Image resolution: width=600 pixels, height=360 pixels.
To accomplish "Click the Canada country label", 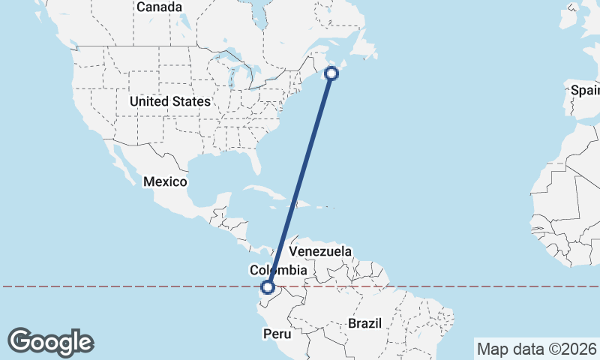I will (159, 7).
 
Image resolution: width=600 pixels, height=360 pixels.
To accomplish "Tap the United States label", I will (169, 101).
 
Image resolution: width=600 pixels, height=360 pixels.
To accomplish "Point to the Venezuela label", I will (320, 251).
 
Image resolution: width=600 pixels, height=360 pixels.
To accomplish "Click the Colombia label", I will (278, 270).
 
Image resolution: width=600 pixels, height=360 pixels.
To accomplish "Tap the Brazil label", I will (364, 323).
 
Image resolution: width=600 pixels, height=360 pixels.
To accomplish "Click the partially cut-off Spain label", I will (585, 90).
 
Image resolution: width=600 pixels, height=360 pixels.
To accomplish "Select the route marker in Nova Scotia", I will (331, 73).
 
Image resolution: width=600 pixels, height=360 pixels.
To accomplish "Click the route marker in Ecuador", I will (268, 286).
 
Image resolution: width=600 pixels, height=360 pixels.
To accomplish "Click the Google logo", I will (51, 342).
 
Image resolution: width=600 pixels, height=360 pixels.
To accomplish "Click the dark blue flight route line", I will (300, 180).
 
